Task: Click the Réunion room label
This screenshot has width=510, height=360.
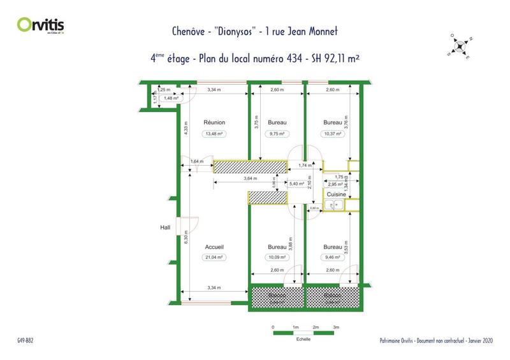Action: [215, 122]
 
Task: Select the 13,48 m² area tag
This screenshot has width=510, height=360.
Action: [215, 134]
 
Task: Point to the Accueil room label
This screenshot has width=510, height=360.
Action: [214, 247]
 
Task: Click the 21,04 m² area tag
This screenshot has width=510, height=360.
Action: [215, 257]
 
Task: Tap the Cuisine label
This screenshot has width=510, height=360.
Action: [336, 194]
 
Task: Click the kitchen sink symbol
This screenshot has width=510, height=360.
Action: [334, 205]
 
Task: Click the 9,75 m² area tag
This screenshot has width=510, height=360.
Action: [277, 134]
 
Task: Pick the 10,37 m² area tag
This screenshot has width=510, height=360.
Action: [332, 134]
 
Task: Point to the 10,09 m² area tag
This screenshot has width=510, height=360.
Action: [277, 257]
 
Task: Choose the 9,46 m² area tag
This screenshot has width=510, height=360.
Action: [332, 257]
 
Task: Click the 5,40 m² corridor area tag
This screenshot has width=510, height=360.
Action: [298, 184]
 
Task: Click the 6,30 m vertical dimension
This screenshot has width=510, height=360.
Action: [186, 237]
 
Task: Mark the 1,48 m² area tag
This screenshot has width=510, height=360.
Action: [171, 98]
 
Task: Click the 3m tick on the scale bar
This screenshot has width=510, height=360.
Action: [336, 327]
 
